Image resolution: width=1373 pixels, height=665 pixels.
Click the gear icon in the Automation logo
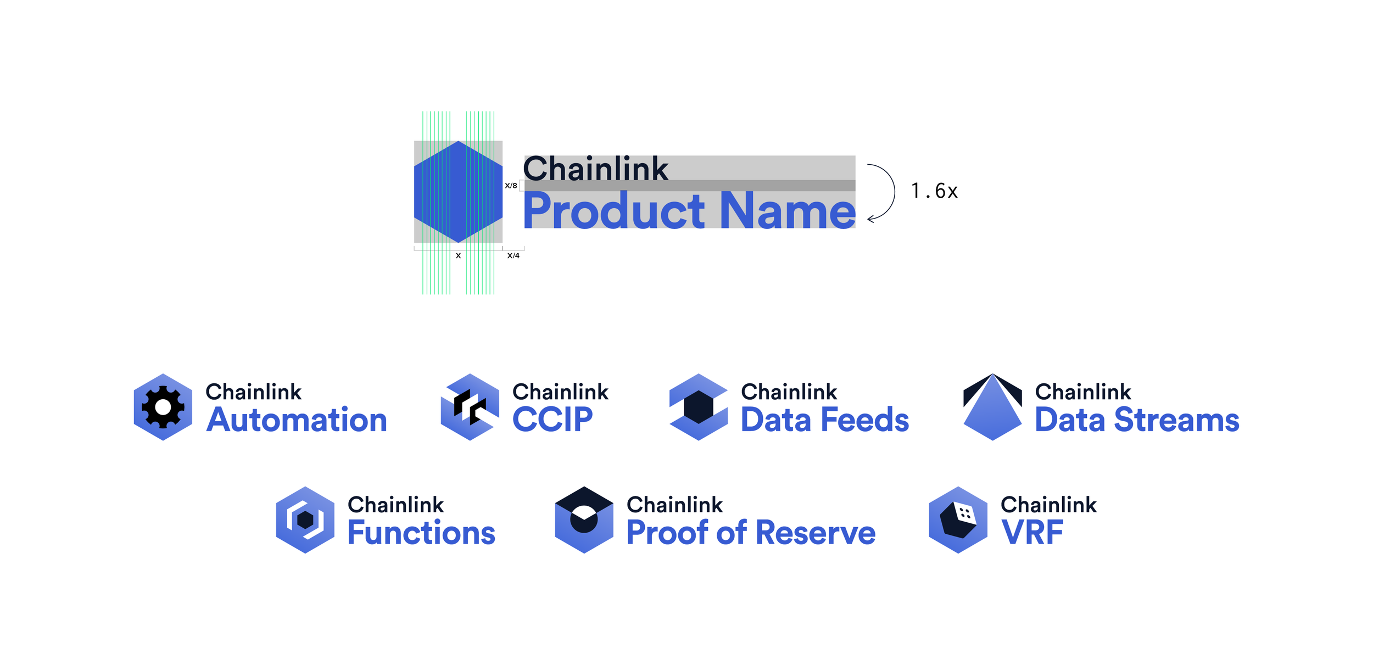[x=163, y=407]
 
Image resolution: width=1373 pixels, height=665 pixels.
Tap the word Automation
[x=297, y=420]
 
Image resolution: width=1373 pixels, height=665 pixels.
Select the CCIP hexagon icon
[x=470, y=407]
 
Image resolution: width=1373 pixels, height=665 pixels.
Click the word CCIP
[x=552, y=420]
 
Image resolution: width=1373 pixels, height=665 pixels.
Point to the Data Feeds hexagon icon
[x=699, y=407]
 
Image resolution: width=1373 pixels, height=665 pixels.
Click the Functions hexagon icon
[x=305, y=519]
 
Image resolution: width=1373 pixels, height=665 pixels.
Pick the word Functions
[x=421, y=533]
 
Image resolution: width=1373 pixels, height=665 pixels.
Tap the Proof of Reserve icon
[x=584, y=519]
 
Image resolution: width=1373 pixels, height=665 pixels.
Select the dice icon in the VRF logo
[x=958, y=519]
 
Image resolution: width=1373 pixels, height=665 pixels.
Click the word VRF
[x=1032, y=533]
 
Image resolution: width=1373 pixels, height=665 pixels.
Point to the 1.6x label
[x=934, y=191]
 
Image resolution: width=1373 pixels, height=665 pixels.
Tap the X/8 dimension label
[x=511, y=186]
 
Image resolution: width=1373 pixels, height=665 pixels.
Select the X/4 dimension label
[x=513, y=255]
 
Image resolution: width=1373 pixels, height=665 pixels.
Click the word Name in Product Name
[x=787, y=211]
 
